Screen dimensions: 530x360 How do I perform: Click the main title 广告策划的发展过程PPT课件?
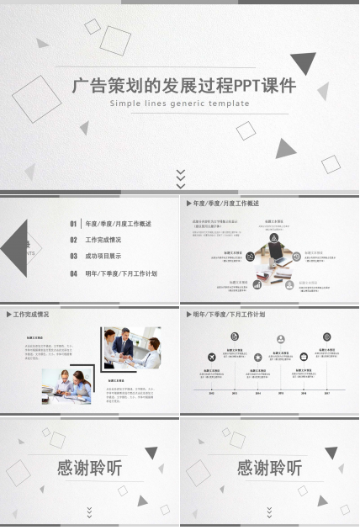click(x=179, y=85)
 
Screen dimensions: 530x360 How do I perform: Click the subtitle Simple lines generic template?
click(x=179, y=103)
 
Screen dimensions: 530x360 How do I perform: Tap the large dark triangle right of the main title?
click(x=303, y=62)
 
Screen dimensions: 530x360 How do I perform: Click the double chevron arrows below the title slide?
click(x=180, y=178)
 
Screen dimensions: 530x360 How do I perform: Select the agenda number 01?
click(x=74, y=224)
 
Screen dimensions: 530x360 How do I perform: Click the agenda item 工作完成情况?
click(x=103, y=240)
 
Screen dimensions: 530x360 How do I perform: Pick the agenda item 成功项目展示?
click(x=103, y=257)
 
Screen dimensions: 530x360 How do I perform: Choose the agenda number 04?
click(x=74, y=273)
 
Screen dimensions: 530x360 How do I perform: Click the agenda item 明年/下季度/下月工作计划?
click(x=121, y=273)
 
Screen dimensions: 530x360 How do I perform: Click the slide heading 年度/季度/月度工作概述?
click(x=225, y=204)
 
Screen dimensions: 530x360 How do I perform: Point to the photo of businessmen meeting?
click(x=132, y=347)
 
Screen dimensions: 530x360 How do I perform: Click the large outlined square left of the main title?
click(x=36, y=101)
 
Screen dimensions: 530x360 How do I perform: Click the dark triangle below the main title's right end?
click(x=287, y=149)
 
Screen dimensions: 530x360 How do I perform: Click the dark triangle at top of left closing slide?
click(x=151, y=453)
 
